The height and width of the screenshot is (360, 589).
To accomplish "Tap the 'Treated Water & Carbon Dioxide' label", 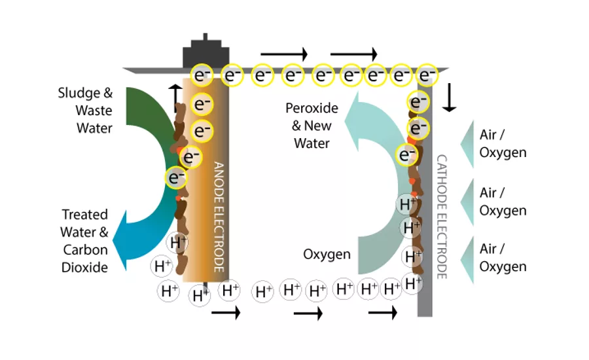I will [x=84, y=240].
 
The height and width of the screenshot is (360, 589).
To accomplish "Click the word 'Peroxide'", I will [x=312, y=108].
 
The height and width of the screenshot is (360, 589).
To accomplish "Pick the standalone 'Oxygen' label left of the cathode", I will [x=327, y=254].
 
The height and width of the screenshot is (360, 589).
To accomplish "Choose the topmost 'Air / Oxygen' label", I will [x=503, y=143].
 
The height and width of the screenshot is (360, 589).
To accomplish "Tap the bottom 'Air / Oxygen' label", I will [x=503, y=257].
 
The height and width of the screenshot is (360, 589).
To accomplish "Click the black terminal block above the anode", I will [x=205, y=52].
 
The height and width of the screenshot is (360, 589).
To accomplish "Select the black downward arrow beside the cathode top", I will [x=448, y=97].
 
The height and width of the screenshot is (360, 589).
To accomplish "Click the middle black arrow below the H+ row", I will [x=308, y=314].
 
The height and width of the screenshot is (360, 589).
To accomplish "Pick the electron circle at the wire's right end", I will [x=427, y=75].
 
